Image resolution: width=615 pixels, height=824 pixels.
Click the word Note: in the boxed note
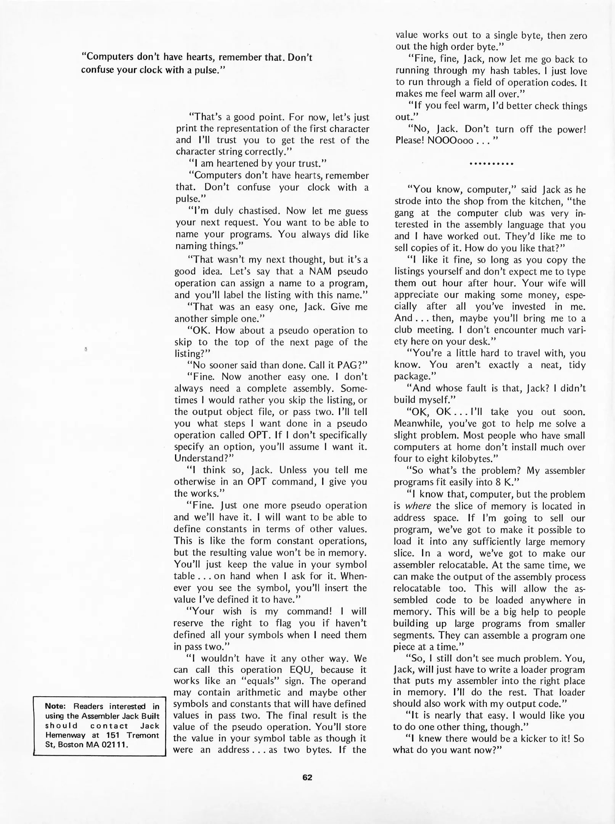tap(56, 707)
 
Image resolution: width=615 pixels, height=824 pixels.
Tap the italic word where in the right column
tap(418, 506)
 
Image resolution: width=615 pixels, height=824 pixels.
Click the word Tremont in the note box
tap(142, 735)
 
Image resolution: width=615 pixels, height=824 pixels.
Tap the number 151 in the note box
tap(113, 735)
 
